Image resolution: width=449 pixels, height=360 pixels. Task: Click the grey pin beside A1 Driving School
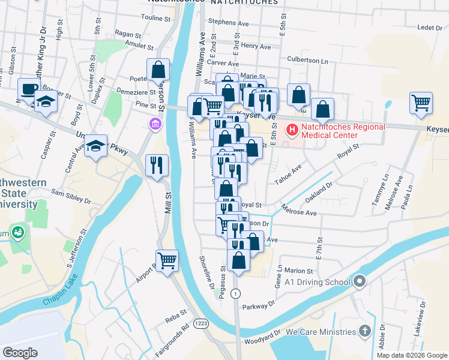pyautogui.click(x=360, y=281)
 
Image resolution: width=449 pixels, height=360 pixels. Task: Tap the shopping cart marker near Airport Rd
pyautogui.click(x=167, y=260)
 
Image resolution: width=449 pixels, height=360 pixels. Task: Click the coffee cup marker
pyautogui.click(x=28, y=89)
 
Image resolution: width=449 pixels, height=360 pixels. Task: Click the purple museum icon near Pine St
pyautogui.click(x=155, y=124)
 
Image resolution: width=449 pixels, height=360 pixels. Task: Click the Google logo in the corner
pyautogui.click(x=20, y=352)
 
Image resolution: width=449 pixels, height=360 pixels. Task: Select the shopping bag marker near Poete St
pyautogui.click(x=158, y=70)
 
